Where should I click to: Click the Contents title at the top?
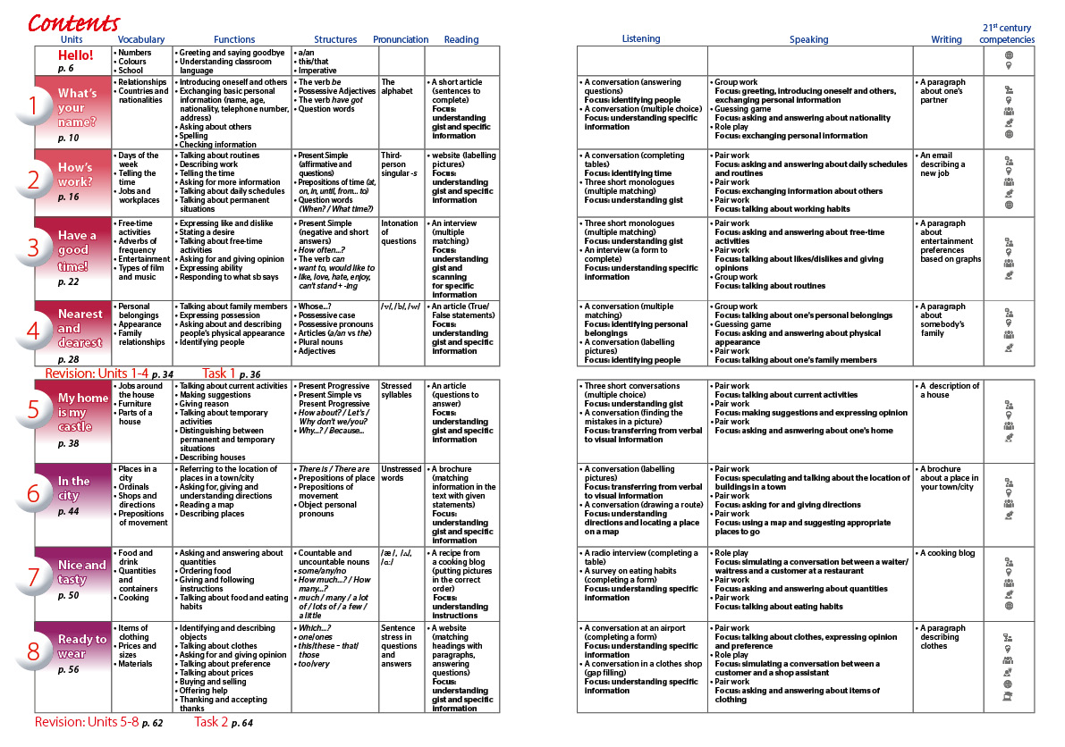pos(73,21)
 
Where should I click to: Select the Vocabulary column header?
pos(141,39)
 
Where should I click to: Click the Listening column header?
pos(641,38)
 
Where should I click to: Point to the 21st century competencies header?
pos(1008,34)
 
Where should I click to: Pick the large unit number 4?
pos(34,330)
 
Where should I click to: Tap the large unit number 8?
pos(34,652)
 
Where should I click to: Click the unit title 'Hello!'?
pos(75,55)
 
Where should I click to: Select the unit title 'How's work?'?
pos(77,174)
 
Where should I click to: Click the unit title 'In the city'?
pos(74,488)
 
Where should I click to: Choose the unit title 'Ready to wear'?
pos(81,646)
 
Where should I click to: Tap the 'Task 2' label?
pos(211,721)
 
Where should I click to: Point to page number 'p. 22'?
pos(68,281)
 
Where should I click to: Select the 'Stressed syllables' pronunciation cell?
pos(397,390)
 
